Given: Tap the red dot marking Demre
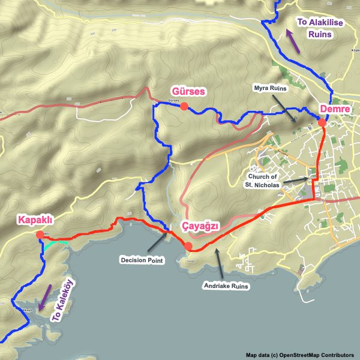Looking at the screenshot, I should point(322,122).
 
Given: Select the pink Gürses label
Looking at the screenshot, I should point(188,92).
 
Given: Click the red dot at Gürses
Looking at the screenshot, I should point(184,107).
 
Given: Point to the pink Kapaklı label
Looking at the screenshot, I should point(38,219).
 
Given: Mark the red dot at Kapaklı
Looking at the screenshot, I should point(40,235).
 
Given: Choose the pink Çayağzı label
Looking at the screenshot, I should point(199,226).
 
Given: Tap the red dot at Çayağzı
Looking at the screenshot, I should point(188,246).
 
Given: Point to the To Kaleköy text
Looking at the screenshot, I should point(62,302).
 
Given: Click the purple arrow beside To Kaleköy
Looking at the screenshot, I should point(44,298).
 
